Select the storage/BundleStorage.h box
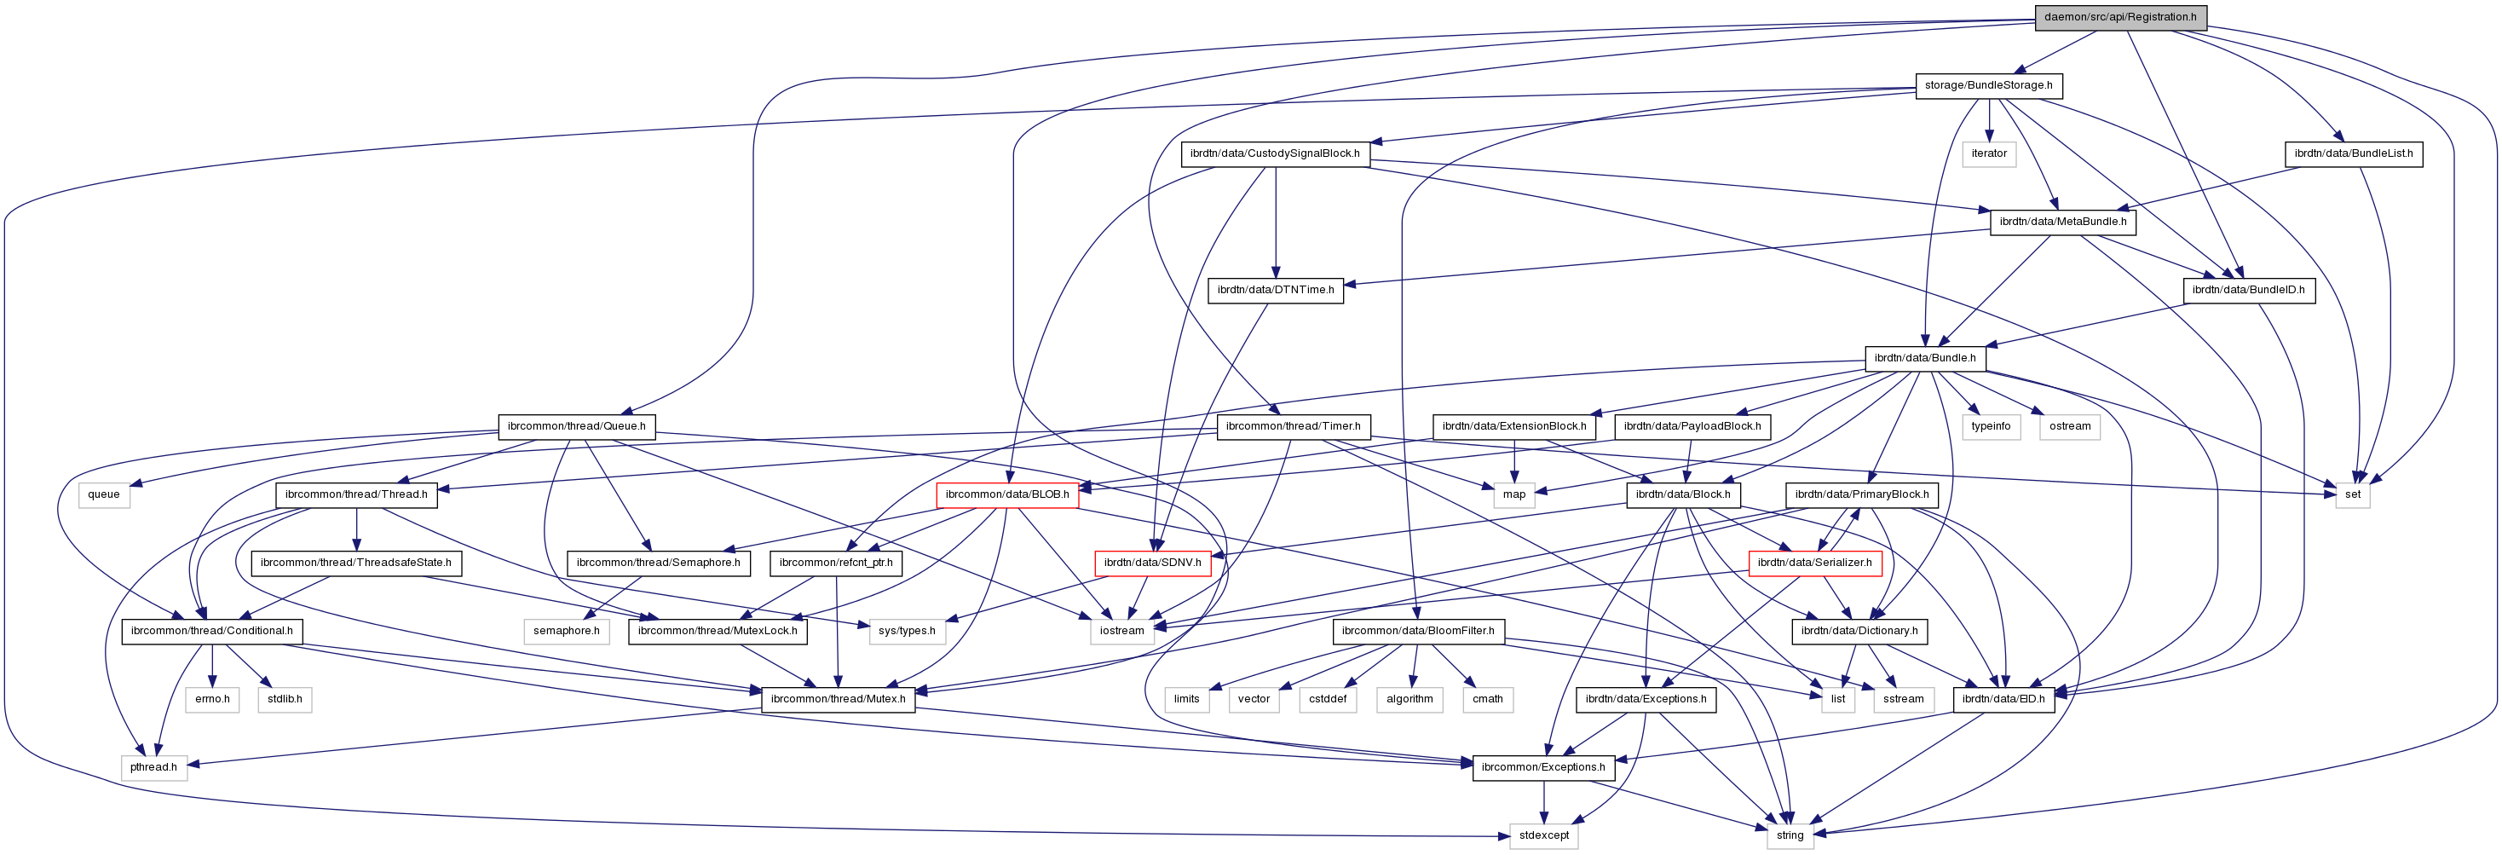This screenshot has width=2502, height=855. click(1988, 85)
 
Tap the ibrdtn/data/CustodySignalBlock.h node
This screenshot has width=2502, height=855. click(1274, 153)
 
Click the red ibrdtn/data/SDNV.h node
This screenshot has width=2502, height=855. click(1152, 563)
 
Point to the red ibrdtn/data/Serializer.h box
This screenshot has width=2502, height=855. click(1814, 563)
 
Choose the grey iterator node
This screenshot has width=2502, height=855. click(1988, 153)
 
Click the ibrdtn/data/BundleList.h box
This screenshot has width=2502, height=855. click(2352, 153)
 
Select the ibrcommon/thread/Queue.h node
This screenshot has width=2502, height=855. click(576, 426)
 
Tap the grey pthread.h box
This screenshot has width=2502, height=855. click(153, 767)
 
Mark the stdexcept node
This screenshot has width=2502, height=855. click(1543, 835)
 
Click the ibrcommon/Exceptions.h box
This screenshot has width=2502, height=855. click(1542, 767)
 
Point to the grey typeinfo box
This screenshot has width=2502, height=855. click(1990, 426)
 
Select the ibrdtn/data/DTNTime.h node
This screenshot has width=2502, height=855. click(1274, 290)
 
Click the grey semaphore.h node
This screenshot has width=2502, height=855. click(566, 631)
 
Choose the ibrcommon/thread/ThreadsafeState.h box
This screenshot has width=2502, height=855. click(355, 563)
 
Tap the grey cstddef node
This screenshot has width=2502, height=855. click(1328, 698)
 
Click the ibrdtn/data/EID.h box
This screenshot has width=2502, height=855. click(2003, 698)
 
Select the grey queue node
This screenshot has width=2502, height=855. click(104, 494)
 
